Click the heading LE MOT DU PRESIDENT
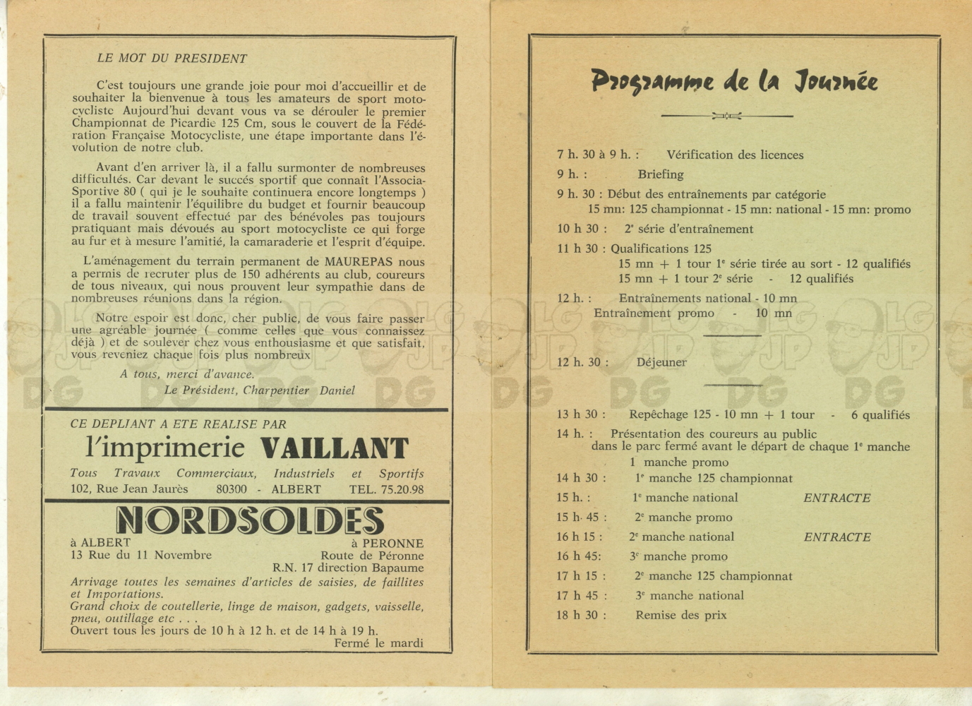pyautogui.click(x=172, y=59)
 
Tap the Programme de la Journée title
pyautogui.click(x=734, y=82)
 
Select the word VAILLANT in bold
pyautogui.click(x=335, y=449)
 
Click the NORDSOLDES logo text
pyautogui.click(x=250, y=521)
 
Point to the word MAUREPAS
pyautogui.click(x=359, y=262)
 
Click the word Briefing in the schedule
pyautogui.click(x=661, y=174)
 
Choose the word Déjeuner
pyautogui.click(x=661, y=362)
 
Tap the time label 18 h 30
pyautogui.click(x=577, y=615)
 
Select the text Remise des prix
pyautogui.click(x=680, y=615)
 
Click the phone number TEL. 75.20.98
pyautogui.click(x=386, y=489)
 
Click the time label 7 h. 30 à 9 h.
pyautogui.click(x=598, y=155)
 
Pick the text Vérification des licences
pyautogui.click(x=735, y=155)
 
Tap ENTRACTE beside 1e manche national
pyautogui.click(x=837, y=498)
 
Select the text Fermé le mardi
pyautogui.click(x=378, y=642)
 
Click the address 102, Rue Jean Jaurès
pyautogui.click(x=129, y=489)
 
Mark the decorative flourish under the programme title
pyautogui.click(x=727, y=116)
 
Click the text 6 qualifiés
pyautogui.click(x=880, y=415)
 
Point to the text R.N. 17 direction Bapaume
pyautogui.click(x=348, y=568)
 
